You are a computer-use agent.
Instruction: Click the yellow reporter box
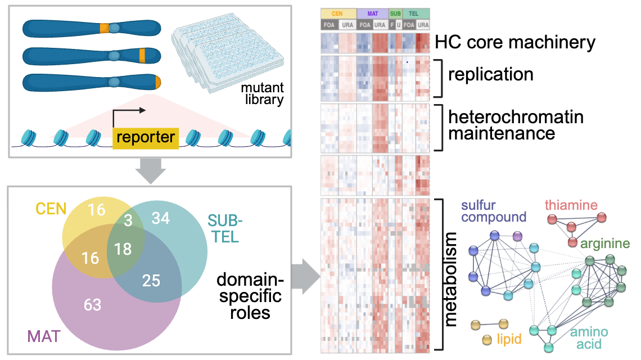[146, 137]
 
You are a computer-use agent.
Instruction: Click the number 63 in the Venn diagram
[92, 305]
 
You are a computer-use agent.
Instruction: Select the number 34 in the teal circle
[161, 218]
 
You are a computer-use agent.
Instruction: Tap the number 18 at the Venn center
[123, 249]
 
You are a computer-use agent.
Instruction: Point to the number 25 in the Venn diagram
[151, 281]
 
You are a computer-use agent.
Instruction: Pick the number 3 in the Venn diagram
[128, 220]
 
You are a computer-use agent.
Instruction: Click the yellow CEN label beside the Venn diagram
[51, 209]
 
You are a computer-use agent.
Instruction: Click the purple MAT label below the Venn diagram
[44, 337]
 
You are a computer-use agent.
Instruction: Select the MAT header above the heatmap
[372, 13]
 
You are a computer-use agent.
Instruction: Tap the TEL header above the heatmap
[414, 13]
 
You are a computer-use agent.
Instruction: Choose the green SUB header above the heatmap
[395, 13]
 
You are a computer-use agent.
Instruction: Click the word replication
[490, 75]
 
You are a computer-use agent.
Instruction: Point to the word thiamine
[571, 205]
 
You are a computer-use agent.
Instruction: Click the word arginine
[605, 244]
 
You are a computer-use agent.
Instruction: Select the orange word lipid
[509, 339]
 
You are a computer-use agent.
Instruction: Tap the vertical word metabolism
[450, 280]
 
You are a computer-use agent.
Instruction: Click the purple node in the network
[517, 236]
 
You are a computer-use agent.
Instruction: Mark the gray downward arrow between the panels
[151, 171]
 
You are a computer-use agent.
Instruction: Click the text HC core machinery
[515, 43]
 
